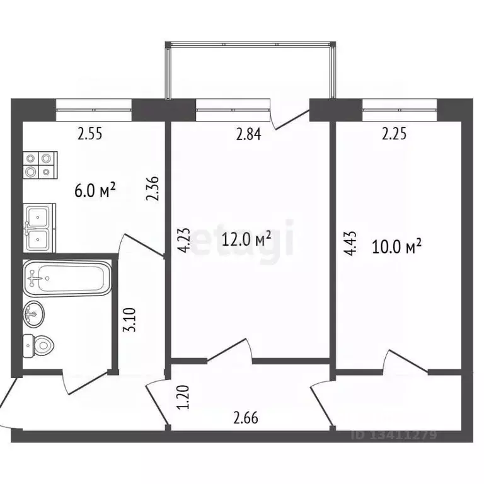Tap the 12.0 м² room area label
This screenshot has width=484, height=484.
click(248, 239)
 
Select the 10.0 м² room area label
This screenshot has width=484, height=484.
click(396, 246)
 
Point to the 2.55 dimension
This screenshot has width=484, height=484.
click(89, 134)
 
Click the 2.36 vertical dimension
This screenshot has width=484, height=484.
click(152, 188)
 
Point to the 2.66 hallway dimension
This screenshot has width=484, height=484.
click(246, 417)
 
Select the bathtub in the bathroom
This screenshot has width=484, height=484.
click(66, 277)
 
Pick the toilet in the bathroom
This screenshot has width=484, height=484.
click(38, 345)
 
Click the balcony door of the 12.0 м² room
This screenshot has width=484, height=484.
click(292, 118)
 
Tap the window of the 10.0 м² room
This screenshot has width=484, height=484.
click(400, 108)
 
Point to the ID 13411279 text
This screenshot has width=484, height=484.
click(394, 435)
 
